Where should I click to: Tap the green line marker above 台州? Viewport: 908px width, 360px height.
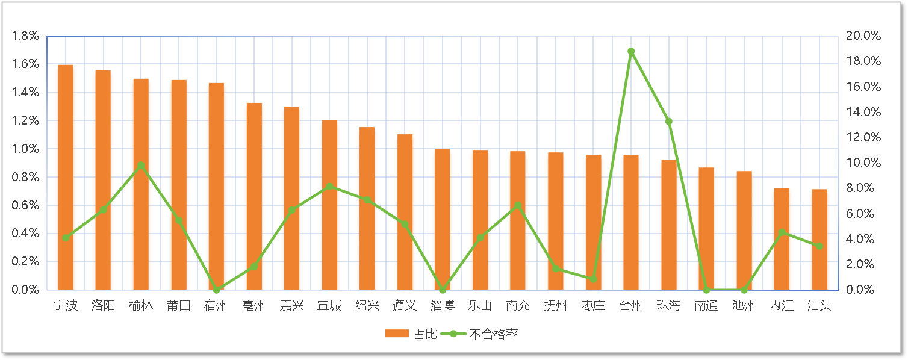click(x=631, y=52)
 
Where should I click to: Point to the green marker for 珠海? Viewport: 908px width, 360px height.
click(x=669, y=122)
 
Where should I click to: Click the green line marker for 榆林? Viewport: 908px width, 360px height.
click(x=141, y=165)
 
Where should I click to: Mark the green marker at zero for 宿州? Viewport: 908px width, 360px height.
click(x=216, y=290)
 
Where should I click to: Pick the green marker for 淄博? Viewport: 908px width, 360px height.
click(x=443, y=290)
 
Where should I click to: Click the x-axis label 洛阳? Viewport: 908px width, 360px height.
click(x=103, y=306)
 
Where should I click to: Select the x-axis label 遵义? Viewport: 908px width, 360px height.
click(x=405, y=306)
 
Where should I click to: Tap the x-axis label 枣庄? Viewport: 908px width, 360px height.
click(x=593, y=306)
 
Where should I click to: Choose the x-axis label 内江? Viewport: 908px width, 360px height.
click(x=782, y=306)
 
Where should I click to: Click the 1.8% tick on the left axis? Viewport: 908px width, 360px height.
click(x=25, y=36)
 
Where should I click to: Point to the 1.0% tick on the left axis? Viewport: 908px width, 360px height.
click(x=25, y=149)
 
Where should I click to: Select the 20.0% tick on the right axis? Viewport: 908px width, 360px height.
click(x=863, y=36)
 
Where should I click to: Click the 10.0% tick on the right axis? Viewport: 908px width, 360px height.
click(x=863, y=163)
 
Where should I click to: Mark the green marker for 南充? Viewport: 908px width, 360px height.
click(x=518, y=206)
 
